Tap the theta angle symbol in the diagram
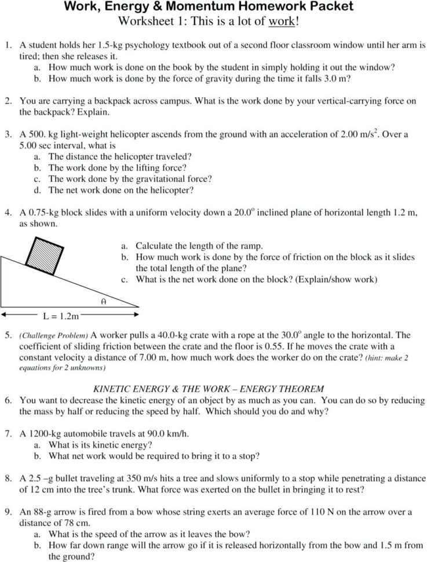(102, 302)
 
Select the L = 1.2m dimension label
(60, 317)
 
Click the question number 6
(8, 400)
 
